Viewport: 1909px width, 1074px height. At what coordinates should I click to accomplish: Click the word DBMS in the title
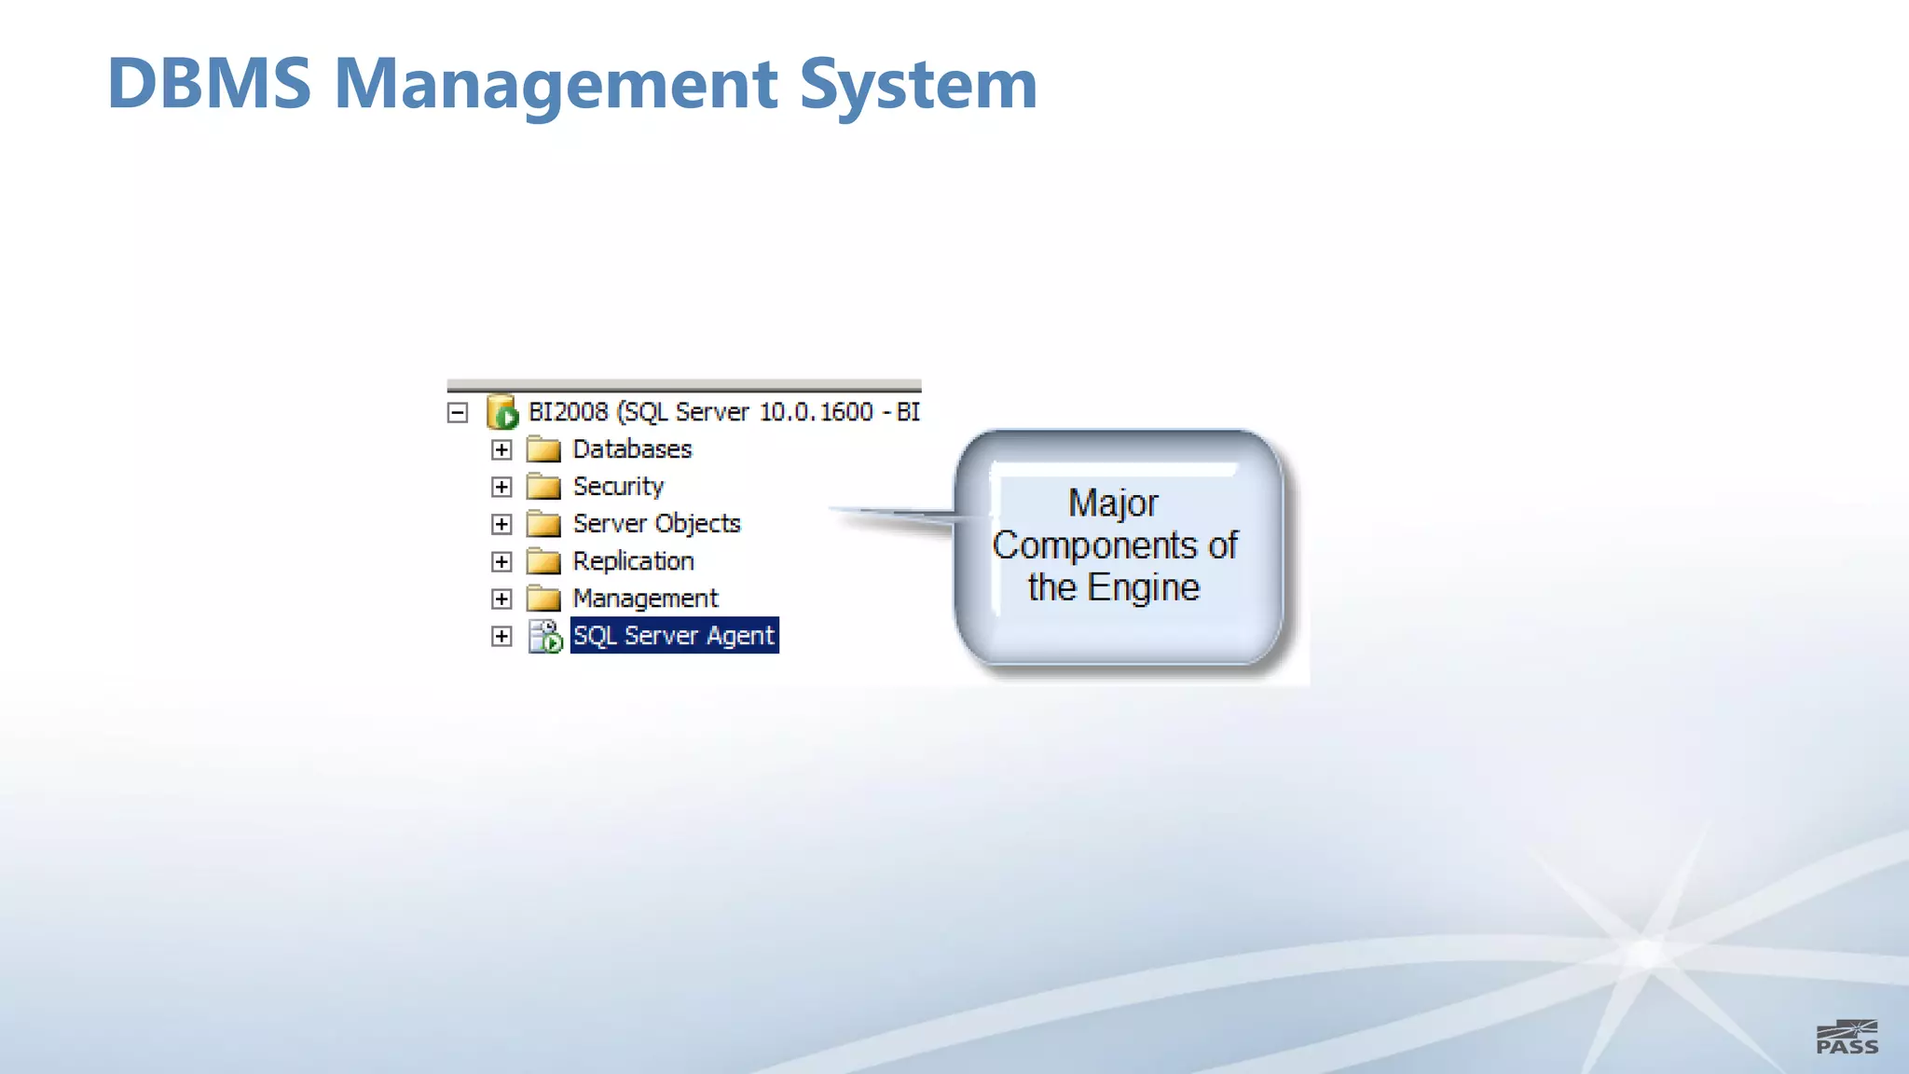click(x=209, y=84)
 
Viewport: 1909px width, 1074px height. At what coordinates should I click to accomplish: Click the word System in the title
click(x=918, y=84)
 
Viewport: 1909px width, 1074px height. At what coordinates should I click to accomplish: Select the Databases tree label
click(x=632, y=449)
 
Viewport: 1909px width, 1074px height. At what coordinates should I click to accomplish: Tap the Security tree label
click(x=618, y=487)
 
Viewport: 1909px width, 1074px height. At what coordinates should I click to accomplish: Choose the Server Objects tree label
click(x=656, y=524)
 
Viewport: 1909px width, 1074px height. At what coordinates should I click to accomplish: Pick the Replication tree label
click(x=633, y=561)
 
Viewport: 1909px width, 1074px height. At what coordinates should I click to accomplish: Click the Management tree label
click(x=645, y=599)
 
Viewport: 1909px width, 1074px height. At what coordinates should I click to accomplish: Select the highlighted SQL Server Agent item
click(x=674, y=636)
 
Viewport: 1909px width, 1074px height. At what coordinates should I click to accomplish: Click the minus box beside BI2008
click(x=458, y=412)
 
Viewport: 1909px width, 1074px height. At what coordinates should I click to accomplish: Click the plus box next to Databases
click(x=501, y=449)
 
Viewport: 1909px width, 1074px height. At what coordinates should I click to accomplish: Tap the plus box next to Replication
click(x=501, y=561)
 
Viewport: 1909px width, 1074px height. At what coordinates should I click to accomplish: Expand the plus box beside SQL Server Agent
click(x=501, y=636)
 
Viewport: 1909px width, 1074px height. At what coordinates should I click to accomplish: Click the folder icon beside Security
click(x=543, y=487)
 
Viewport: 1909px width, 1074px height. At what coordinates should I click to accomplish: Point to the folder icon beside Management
click(x=543, y=599)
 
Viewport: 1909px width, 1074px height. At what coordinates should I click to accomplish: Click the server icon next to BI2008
click(x=502, y=412)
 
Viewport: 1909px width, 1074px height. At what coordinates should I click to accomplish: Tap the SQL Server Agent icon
click(x=545, y=636)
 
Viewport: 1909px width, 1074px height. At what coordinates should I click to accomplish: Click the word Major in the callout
click(x=1113, y=503)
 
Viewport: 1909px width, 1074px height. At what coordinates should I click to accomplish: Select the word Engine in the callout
click(x=1144, y=588)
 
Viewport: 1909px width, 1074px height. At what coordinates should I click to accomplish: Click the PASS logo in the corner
click(x=1847, y=1038)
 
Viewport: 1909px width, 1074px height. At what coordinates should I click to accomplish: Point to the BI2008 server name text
click(x=568, y=412)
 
